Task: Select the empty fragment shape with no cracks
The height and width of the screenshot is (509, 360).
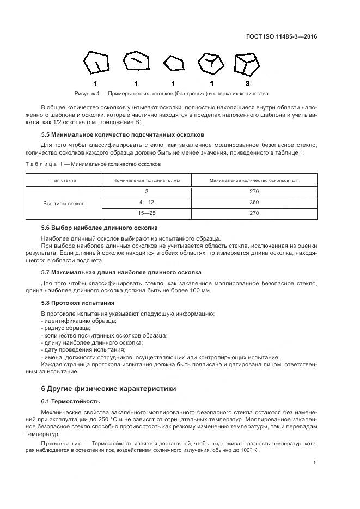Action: coord(173,64)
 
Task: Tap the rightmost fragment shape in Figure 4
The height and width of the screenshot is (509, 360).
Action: coord(247,64)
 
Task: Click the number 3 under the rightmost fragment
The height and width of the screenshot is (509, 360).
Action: coord(247,83)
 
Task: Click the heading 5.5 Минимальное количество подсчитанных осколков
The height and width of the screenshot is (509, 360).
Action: coord(123,134)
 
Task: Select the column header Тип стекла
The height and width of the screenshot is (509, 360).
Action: coord(64,180)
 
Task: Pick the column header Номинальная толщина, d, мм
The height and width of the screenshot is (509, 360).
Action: coord(147,180)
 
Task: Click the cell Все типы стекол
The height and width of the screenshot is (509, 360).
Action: coord(64,203)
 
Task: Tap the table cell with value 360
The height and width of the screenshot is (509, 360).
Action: coord(253,203)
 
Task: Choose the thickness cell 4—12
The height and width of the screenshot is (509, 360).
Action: coord(147,203)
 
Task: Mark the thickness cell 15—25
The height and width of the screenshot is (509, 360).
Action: coord(147,214)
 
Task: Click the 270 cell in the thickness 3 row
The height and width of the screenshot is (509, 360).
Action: coord(253,191)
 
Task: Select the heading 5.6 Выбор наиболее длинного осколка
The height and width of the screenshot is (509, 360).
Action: coord(99,228)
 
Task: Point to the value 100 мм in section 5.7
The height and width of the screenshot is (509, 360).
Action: coord(202,290)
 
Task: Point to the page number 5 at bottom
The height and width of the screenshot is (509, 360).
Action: coord(315,463)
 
